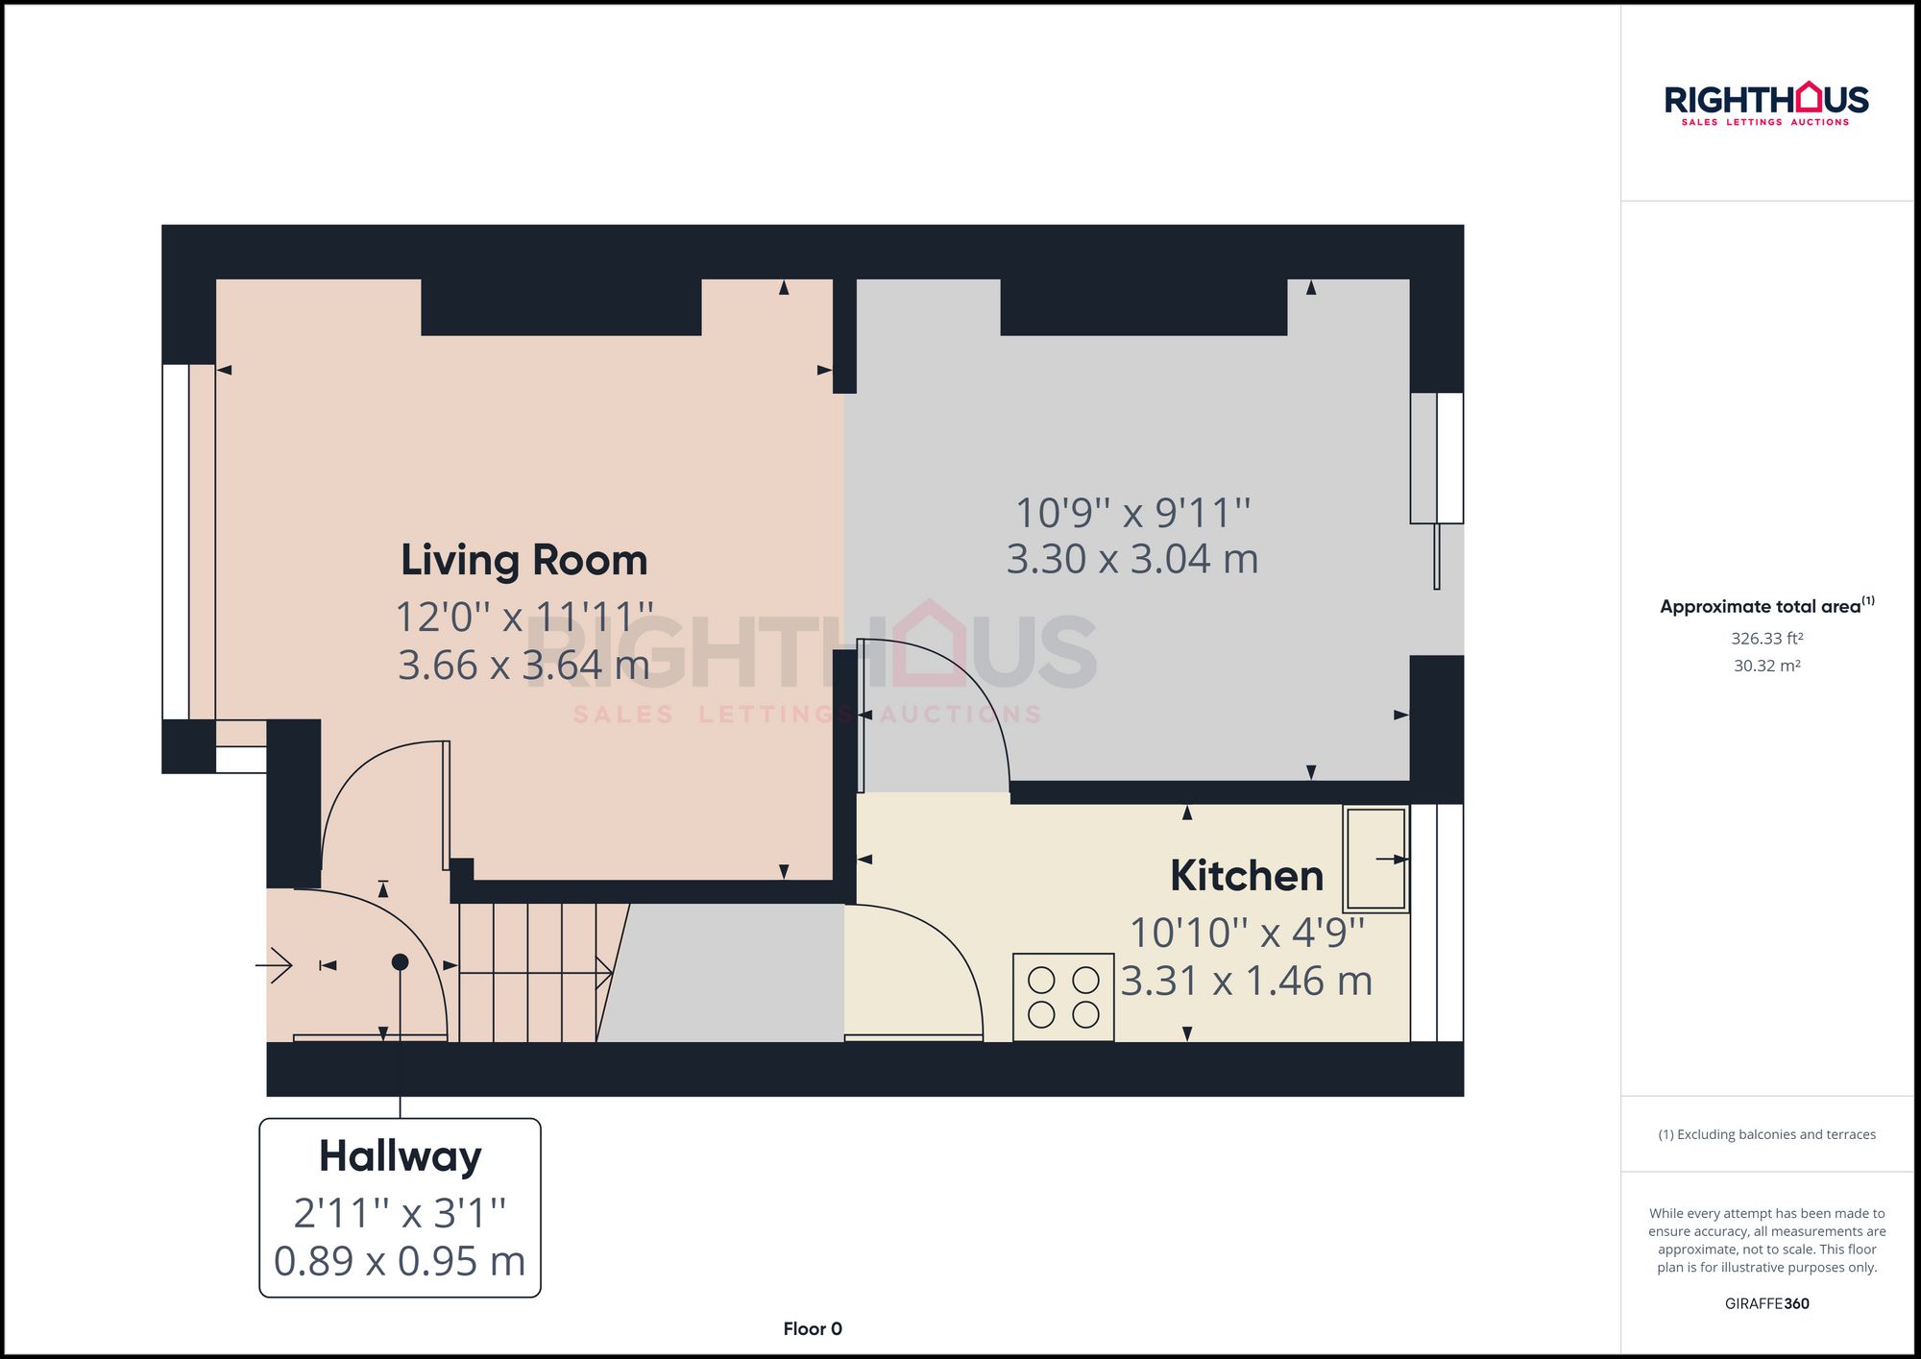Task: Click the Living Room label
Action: coord(523,560)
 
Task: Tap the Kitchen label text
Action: coord(1246,876)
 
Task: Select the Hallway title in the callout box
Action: coord(400,1156)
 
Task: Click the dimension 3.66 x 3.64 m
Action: coord(523,666)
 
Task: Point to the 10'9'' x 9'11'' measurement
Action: coord(1132,513)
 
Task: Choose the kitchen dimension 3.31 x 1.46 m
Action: coord(1246,982)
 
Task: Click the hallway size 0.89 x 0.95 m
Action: coord(400,1261)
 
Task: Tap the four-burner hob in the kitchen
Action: coord(1063,997)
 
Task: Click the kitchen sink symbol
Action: coord(1375,859)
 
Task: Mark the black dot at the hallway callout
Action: coord(400,962)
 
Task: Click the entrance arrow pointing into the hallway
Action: coord(275,964)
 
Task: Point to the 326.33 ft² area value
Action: coord(1766,639)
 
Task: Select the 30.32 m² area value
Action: coord(1766,666)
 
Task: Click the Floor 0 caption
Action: coord(812,1329)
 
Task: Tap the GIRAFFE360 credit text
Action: coord(1766,1303)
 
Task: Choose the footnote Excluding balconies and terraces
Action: coord(1766,1134)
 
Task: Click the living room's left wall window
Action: coord(177,542)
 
